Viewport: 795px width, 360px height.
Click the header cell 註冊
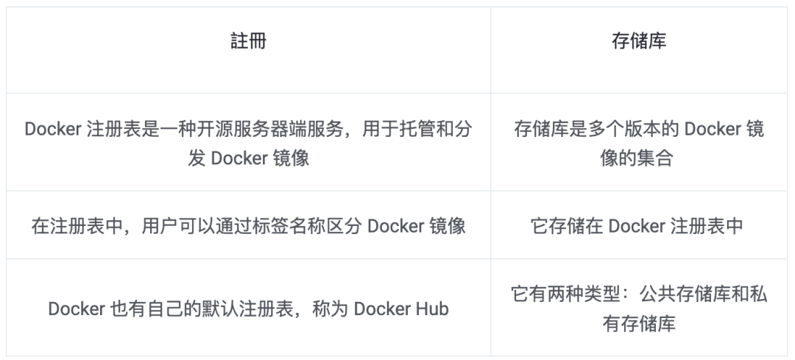click(248, 41)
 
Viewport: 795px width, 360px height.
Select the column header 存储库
click(639, 41)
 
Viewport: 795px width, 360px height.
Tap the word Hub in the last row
click(434, 308)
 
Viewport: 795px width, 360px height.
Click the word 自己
click(180, 308)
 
